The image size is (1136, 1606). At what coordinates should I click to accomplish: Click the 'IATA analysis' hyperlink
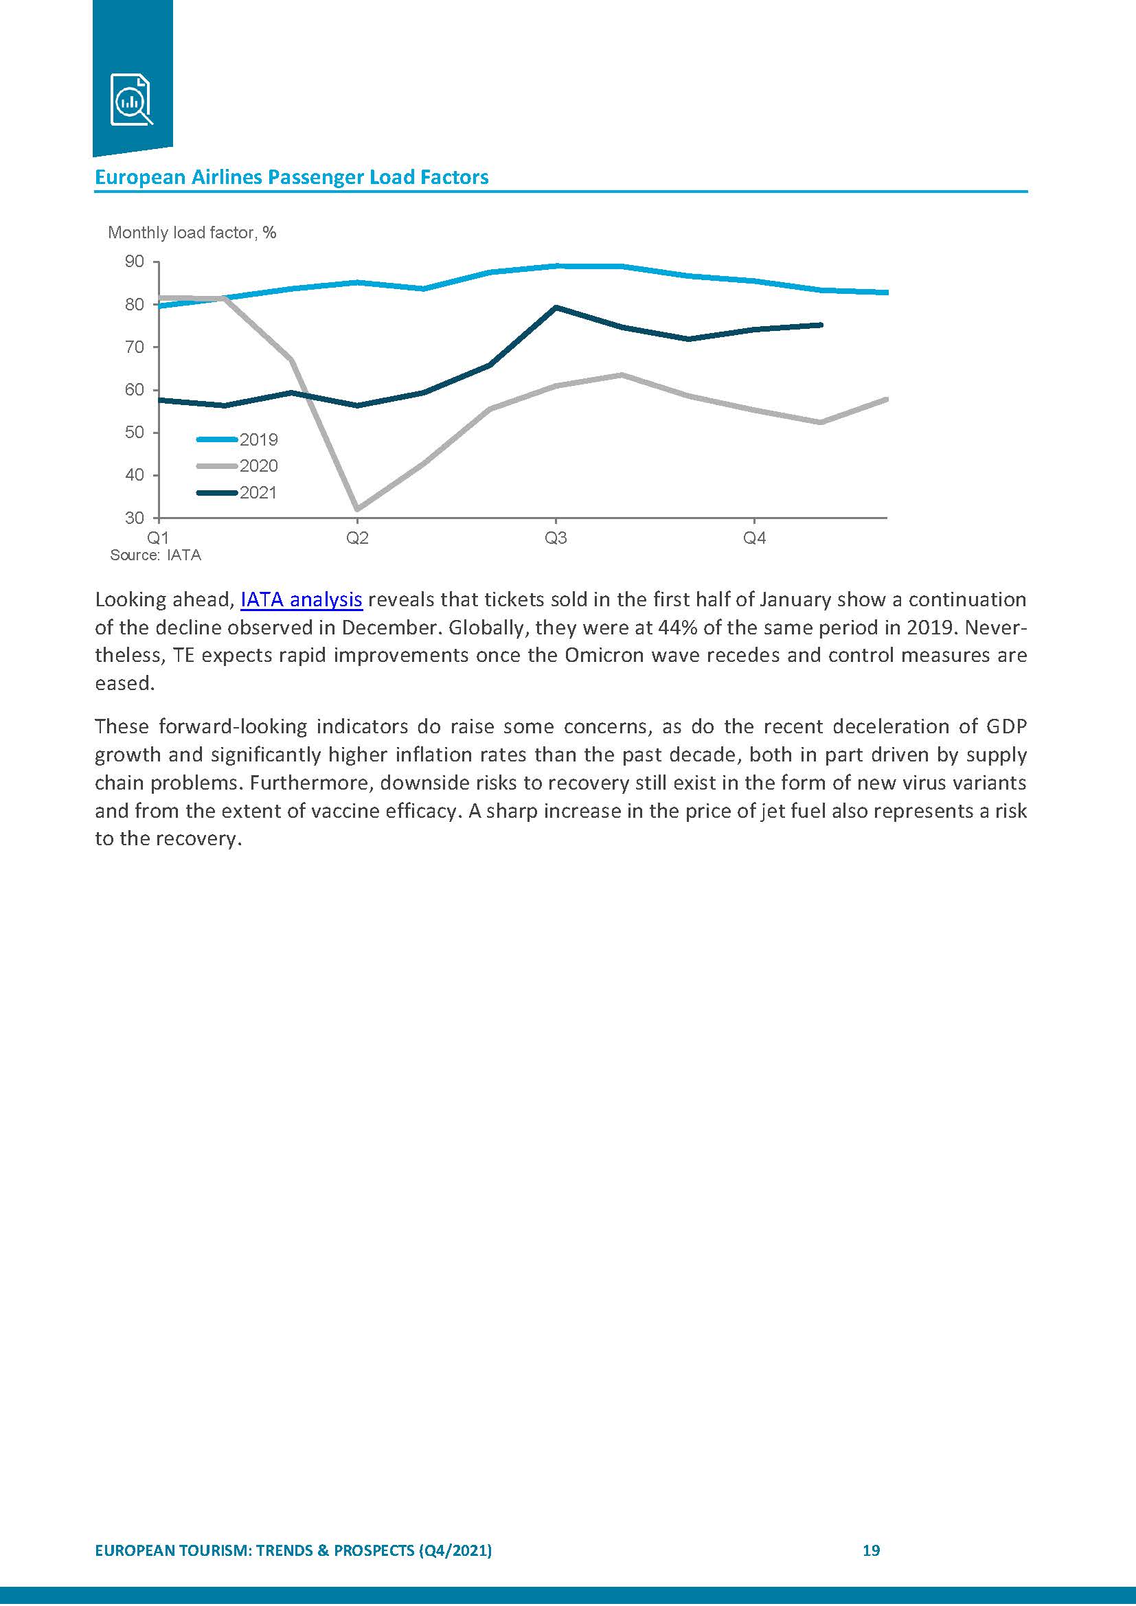tap(301, 599)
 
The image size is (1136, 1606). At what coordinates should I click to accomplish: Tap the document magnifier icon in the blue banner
tap(131, 100)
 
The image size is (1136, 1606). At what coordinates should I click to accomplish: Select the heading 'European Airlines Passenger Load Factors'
tap(291, 177)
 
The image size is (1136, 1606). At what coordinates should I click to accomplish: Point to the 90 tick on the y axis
tap(135, 262)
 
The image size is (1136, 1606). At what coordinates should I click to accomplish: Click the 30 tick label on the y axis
tap(135, 518)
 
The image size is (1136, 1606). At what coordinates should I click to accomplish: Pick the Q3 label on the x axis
tap(556, 538)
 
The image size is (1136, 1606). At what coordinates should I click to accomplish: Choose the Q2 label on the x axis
tap(357, 538)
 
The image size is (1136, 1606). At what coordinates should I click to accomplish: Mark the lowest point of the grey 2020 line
tap(357, 509)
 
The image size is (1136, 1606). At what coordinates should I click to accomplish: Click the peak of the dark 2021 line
tap(556, 307)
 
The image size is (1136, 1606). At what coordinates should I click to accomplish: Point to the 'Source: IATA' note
tap(155, 555)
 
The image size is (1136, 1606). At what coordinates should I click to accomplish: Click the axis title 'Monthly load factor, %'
tap(192, 233)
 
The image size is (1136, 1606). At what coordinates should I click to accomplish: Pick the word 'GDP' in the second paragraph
tap(1007, 726)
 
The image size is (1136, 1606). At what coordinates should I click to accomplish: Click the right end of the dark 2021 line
tap(821, 325)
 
